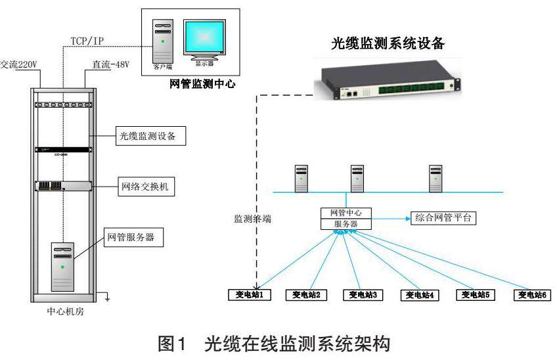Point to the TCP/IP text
[87, 41]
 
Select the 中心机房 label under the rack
[62, 311]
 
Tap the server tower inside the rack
[63, 266]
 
